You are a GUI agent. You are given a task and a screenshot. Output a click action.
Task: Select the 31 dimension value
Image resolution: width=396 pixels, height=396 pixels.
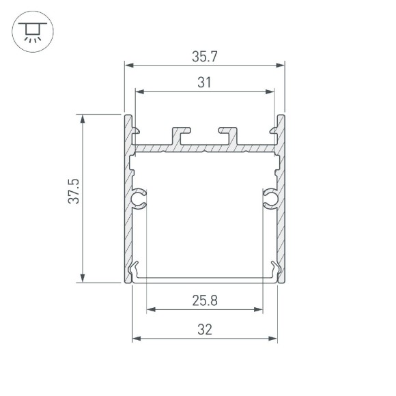pos(204,82)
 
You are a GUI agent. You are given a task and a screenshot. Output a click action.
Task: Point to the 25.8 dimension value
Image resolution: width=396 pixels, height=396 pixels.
pos(204,300)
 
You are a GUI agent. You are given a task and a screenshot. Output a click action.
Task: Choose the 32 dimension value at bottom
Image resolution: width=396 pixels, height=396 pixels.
pos(204,329)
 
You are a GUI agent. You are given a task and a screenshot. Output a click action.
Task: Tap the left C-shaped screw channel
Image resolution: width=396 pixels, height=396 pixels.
pos(139,199)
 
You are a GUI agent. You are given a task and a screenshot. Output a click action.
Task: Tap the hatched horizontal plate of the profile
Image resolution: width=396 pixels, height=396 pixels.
pos(205,147)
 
